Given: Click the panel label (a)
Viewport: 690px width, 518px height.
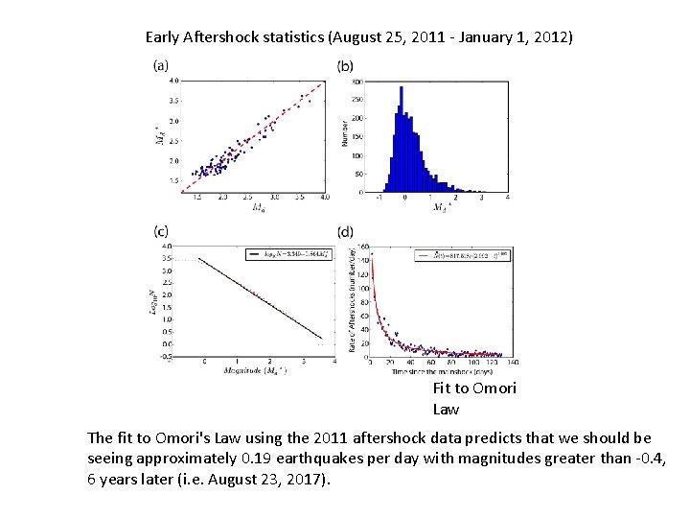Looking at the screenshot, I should tap(161, 66).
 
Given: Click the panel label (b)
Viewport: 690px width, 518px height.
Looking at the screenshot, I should tap(345, 66).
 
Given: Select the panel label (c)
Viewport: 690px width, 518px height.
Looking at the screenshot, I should tap(161, 230).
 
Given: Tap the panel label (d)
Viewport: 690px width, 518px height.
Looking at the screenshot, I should tap(345, 231).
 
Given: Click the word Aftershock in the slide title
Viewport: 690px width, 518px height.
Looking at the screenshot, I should tap(231, 37).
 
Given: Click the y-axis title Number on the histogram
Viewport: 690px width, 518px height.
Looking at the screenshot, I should tap(344, 131).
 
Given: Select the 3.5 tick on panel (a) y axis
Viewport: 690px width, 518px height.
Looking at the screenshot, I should tap(172, 100).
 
